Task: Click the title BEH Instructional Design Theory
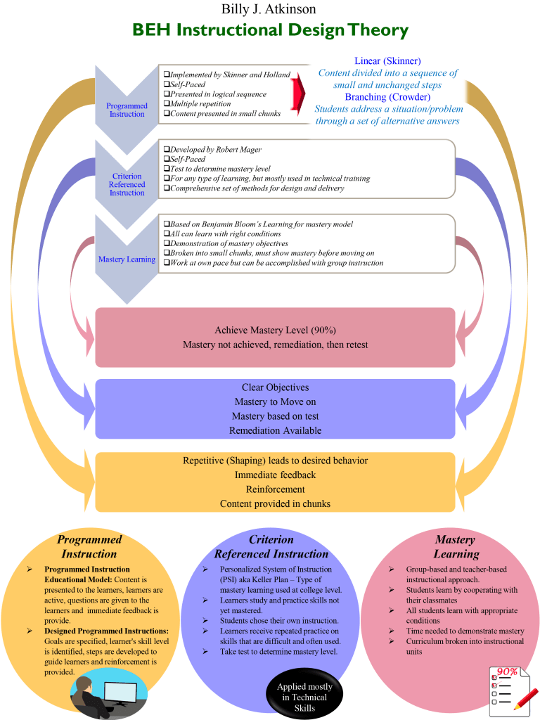[270, 30]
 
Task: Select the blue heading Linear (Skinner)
[388, 61]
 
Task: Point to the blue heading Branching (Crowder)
[387, 97]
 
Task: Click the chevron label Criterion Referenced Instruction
[127, 184]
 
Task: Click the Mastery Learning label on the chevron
[127, 259]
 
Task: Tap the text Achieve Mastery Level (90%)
[270, 330]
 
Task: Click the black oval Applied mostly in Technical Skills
[304, 697]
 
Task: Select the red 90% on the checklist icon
[507, 671]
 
